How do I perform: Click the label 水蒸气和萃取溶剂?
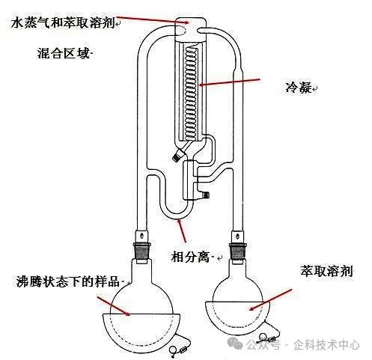63,22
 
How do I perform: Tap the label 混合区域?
64,53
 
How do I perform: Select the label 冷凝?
299,88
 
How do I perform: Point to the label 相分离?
190,257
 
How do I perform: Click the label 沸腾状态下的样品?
68,281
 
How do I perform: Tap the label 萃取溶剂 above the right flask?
327,271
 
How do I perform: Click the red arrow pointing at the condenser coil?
230,82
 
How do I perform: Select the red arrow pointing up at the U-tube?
181,231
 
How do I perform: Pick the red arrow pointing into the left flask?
114,306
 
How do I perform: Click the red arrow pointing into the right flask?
270,300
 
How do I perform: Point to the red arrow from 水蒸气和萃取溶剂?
153,19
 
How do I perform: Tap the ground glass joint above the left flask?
141,251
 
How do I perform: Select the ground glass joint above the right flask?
237,252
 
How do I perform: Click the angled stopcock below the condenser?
180,153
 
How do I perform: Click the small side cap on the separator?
206,194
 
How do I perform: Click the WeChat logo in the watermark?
236,344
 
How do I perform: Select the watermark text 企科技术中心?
326,345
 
